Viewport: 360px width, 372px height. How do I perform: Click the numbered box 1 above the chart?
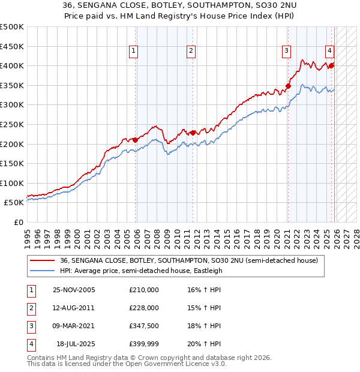133,51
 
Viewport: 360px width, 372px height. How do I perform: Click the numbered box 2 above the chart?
190,51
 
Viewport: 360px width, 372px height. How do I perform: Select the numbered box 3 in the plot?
287,51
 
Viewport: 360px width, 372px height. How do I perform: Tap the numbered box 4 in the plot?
330,51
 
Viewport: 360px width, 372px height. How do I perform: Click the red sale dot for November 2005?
136,140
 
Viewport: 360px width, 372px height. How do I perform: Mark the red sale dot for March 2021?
288,86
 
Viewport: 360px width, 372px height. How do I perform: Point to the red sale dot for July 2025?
332,65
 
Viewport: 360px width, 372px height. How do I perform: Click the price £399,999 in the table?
143,344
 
